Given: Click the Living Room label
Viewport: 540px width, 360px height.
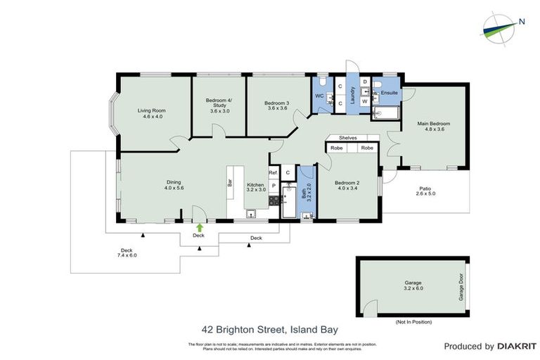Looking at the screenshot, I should point(151,113).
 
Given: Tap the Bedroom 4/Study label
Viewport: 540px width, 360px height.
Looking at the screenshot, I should point(218,106).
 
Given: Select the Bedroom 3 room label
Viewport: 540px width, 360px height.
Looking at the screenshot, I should point(276,106).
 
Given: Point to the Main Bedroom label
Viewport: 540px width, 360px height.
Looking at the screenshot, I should point(433,127).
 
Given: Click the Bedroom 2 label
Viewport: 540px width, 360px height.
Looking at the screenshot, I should point(348,185).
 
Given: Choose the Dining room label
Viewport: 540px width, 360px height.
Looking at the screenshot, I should point(174,185).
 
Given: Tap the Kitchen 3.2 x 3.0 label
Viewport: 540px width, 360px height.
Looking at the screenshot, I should point(256,186).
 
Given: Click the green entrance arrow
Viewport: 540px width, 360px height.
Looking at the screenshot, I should point(200,227).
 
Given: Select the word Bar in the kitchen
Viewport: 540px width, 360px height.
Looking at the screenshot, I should point(230,181).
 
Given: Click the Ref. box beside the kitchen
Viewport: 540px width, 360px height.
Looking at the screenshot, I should point(274,172).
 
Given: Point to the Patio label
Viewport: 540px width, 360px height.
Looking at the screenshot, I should point(425,191).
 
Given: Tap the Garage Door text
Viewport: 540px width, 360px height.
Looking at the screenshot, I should point(461,288).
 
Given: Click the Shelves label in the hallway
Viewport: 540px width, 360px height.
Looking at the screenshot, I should point(348,138).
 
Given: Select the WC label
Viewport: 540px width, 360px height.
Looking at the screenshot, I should point(319,96).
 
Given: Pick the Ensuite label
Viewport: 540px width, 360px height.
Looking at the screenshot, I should point(389,92).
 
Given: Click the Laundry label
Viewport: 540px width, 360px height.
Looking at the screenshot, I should point(353,94).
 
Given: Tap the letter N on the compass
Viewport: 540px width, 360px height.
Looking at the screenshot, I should point(522,21).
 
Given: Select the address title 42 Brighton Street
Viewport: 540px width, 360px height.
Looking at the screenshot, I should point(269,330).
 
